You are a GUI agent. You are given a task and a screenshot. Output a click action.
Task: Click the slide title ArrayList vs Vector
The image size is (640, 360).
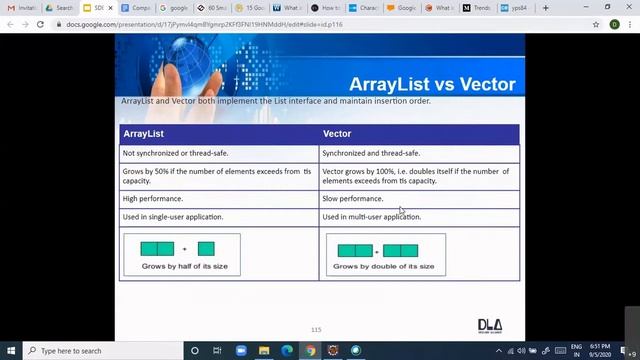pyautogui.click(x=432, y=84)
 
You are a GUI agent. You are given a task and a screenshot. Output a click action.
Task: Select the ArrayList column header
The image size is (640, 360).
pyautogui.click(x=144, y=133)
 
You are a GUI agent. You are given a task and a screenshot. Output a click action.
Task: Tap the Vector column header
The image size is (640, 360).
pyautogui.click(x=337, y=133)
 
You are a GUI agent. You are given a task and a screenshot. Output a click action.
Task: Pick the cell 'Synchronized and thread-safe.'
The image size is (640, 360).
pyautogui.click(x=371, y=153)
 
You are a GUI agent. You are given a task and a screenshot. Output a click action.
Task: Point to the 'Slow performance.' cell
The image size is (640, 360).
pyautogui.click(x=353, y=199)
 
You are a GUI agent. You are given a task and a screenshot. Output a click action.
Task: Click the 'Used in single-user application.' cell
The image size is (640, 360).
pyautogui.click(x=172, y=217)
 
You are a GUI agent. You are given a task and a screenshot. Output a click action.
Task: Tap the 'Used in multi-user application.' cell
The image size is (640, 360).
pyautogui.click(x=371, y=217)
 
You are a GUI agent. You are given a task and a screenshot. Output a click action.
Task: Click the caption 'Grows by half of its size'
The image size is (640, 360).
pyautogui.click(x=184, y=266)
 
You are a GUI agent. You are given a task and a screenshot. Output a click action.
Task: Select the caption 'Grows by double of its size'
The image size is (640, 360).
pyautogui.click(x=384, y=266)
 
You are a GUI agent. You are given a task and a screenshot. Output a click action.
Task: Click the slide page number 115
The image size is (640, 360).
pyautogui.click(x=316, y=329)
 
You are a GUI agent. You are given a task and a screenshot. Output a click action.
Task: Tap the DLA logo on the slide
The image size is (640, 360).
pyautogui.click(x=489, y=325)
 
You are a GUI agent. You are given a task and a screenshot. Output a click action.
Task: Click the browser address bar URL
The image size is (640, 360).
pyautogui.click(x=205, y=24)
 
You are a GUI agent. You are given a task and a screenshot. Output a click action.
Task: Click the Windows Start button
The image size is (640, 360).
pyautogui.click(x=13, y=351)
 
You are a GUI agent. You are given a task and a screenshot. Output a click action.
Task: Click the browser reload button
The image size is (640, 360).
pyautogui.click(x=40, y=24)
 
